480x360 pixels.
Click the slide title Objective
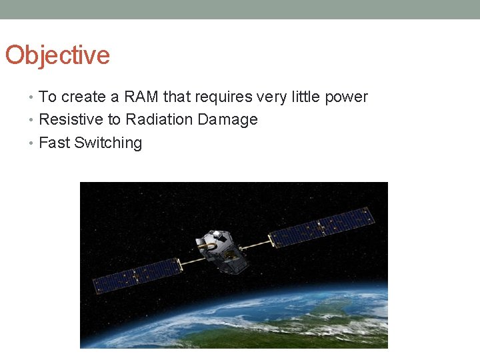click(57, 55)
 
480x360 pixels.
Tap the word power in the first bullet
click(346, 97)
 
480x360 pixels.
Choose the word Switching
click(108, 143)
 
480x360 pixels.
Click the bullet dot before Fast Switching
click(33, 143)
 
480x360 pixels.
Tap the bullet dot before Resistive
click(33, 121)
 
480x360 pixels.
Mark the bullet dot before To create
click(33, 98)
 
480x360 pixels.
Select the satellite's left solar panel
click(137, 276)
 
